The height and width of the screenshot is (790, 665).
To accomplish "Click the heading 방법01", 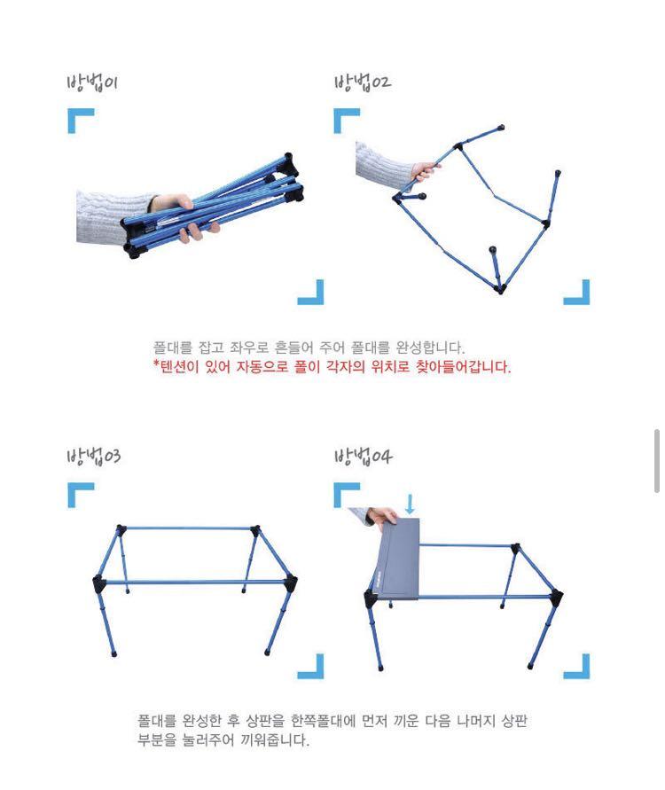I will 92,83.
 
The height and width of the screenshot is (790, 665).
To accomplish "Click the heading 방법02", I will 362,83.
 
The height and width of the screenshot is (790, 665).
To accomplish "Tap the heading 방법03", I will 93,458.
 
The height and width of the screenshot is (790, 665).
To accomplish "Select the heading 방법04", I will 363,458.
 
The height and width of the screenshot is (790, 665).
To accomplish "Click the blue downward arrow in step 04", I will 410,505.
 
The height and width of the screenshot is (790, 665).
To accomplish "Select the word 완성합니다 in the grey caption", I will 431,348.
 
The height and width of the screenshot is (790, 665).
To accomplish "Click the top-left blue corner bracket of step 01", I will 80,121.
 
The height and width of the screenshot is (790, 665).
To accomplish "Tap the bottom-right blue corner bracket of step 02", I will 577,293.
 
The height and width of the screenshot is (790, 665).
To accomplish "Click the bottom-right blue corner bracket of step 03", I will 311,666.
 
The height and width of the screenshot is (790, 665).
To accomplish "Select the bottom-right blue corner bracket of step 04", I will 577,666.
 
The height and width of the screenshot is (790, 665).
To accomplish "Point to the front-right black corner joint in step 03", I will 289,583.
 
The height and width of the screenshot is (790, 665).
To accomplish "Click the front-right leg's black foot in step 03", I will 267,653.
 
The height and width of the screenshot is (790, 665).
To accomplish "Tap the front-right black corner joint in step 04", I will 556,597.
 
